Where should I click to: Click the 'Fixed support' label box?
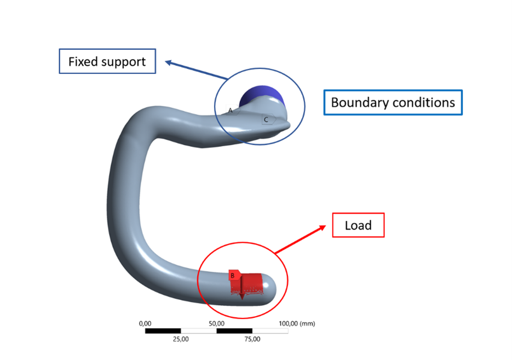click(107, 61)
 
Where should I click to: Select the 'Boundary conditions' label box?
click(393, 102)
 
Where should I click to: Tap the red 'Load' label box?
click(358, 225)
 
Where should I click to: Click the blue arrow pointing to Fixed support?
click(197, 70)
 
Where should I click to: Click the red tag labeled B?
click(233, 275)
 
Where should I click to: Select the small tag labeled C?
click(267, 119)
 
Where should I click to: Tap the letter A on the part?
click(231, 110)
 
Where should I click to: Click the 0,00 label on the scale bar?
click(145, 323)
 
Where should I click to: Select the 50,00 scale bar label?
click(216, 323)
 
